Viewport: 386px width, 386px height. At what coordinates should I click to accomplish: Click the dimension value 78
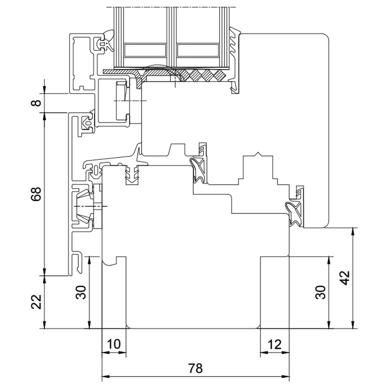[x=196, y=368]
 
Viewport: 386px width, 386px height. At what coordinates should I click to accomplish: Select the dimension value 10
[x=114, y=344]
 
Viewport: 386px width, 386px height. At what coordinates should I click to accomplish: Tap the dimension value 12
[x=274, y=345]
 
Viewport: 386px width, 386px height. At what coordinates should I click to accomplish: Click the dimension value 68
[x=36, y=194]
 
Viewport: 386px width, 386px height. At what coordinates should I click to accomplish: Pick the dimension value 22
[x=36, y=302]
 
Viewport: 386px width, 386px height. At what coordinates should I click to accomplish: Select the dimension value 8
[x=36, y=103]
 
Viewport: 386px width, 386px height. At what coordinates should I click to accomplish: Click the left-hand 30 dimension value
[x=81, y=292]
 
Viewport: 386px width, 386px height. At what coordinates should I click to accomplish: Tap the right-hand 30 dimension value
[x=320, y=292]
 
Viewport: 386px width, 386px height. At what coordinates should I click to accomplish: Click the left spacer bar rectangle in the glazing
[x=145, y=50]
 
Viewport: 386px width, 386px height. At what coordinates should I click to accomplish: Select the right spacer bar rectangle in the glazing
[x=198, y=50]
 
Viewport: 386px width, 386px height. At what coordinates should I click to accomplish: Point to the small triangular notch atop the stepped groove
[x=258, y=154]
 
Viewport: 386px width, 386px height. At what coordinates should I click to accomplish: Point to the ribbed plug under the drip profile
[x=132, y=174]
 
